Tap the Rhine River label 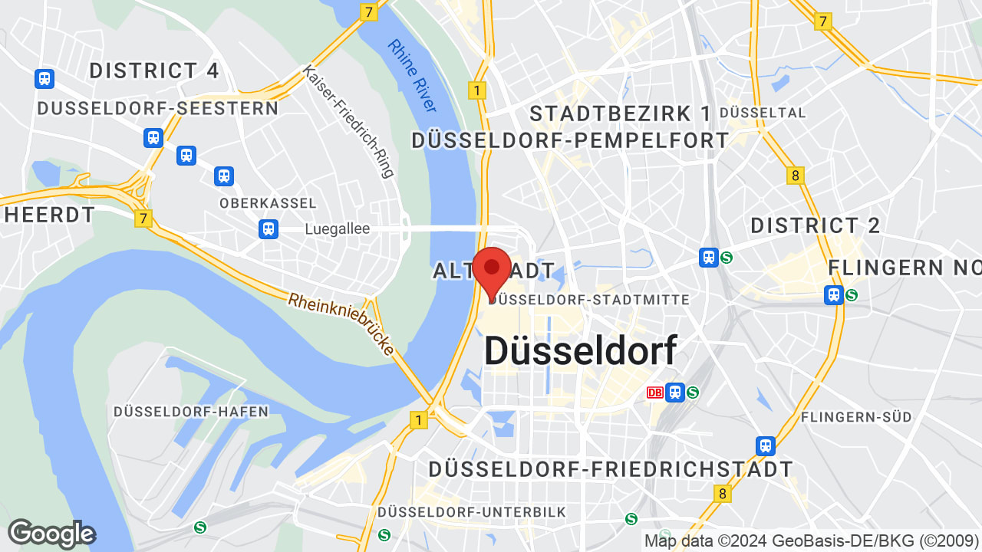(x=412, y=75)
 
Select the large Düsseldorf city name (x=581, y=351)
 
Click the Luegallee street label (x=337, y=228)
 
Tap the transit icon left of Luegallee (x=268, y=228)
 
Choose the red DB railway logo (x=654, y=393)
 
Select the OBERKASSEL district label (x=268, y=203)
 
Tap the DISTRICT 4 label (x=154, y=71)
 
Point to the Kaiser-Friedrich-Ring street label (x=349, y=121)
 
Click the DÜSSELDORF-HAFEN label (x=191, y=412)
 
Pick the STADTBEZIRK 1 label (x=621, y=113)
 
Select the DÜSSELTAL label (x=763, y=113)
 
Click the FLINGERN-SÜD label (x=856, y=416)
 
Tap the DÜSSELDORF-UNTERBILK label (x=471, y=511)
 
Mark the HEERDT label (x=50, y=215)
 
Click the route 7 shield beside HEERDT (x=143, y=219)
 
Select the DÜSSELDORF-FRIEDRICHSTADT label (x=611, y=468)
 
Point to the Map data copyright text (x=812, y=540)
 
